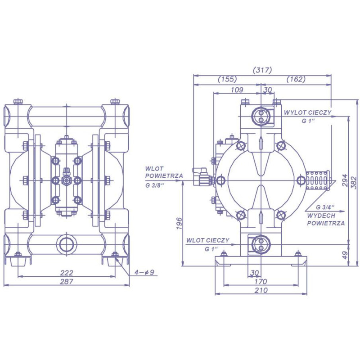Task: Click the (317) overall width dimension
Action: click(x=262, y=70)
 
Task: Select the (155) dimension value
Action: click(x=227, y=79)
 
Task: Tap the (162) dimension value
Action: click(x=296, y=79)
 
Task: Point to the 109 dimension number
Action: click(x=237, y=90)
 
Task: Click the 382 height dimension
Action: click(x=355, y=183)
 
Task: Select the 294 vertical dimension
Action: click(x=345, y=181)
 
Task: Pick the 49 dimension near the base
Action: click(x=345, y=255)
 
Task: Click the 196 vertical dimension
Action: click(x=179, y=223)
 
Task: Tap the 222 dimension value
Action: click(x=67, y=273)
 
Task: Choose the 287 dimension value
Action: click(x=67, y=282)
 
